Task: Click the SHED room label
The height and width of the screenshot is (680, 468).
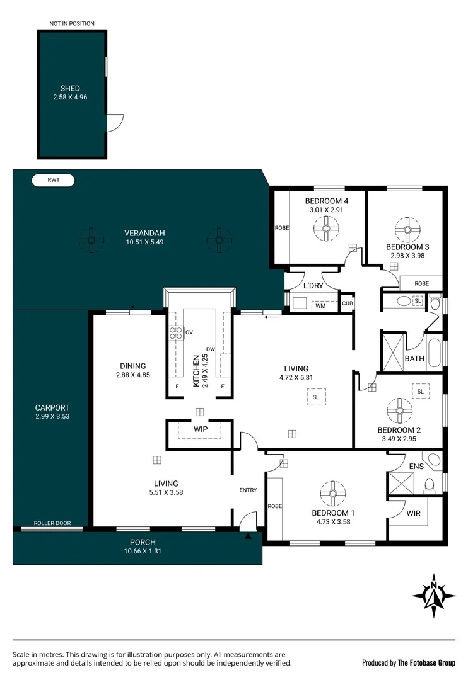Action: point(70,88)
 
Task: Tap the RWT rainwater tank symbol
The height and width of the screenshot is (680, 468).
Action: point(53,181)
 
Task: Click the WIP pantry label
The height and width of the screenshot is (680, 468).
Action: point(201,429)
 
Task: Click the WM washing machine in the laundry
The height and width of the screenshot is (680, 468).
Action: point(320,306)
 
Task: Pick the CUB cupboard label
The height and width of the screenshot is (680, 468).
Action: point(347,303)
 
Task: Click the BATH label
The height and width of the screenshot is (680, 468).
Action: point(414,359)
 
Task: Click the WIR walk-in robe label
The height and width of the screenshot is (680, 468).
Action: point(413,514)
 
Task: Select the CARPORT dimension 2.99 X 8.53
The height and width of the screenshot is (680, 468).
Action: point(52,417)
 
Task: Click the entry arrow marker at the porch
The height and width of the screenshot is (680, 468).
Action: point(248,537)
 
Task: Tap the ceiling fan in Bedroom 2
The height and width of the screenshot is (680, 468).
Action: point(399,411)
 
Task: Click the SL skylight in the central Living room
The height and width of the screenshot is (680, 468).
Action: point(315,397)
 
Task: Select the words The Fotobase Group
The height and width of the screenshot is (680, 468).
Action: point(426,662)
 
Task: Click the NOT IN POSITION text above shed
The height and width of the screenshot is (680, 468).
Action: point(72,24)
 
